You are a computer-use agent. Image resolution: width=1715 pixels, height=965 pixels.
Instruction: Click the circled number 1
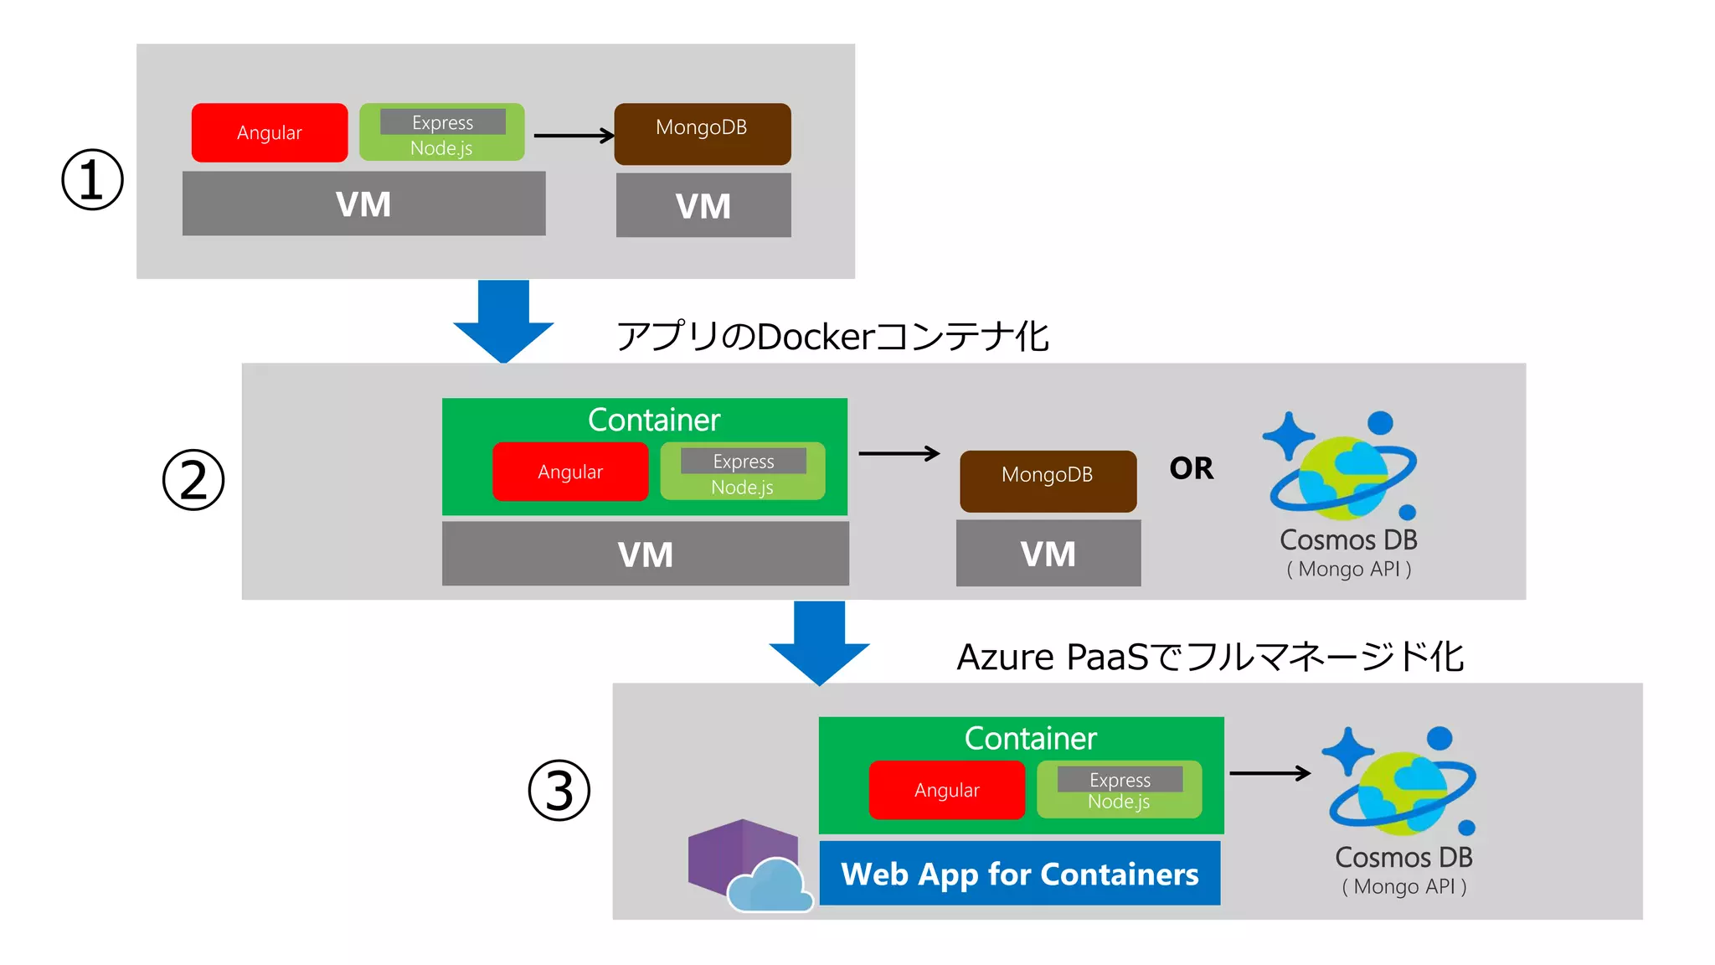pyautogui.click(x=92, y=179)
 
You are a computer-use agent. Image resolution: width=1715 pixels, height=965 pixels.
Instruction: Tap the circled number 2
pyautogui.click(x=193, y=480)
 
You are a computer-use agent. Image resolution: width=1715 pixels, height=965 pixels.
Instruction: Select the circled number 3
pyautogui.click(x=559, y=790)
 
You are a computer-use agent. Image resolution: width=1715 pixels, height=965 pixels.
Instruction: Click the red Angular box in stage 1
pyautogui.click(x=269, y=132)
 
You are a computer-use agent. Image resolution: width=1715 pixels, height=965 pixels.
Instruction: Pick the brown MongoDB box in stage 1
pyautogui.click(x=702, y=133)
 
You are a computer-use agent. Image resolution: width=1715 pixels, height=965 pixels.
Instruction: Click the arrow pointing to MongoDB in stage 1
pyautogui.click(x=574, y=136)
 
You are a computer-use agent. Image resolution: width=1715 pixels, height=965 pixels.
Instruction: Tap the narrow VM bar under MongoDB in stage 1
pyautogui.click(x=703, y=206)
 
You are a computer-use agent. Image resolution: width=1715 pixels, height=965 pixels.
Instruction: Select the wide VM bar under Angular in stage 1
pyautogui.click(x=363, y=204)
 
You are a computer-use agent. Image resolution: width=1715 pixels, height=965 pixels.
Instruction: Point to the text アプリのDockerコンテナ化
pyautogui.click(x=832, y=337)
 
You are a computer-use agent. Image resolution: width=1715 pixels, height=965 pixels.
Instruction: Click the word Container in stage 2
pyautogui.click(x=653, y=420)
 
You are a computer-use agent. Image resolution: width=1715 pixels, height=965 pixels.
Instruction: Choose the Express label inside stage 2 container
pyautogui.click(x=744, y=461)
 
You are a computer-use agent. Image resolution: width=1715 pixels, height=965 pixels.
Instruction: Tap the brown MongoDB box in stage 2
pyautogui.click(x=1048, y=481)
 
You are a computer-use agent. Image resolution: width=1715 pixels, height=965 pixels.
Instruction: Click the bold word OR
pyautogui.click(x=1191, y=468)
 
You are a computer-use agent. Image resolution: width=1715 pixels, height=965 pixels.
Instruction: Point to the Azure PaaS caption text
pyautogui.click(x=1210, y=657)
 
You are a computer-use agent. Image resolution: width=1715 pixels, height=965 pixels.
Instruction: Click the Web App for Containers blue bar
pyautogui.click(x=1019, y=874)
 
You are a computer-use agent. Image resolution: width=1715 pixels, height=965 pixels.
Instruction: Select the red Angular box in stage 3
pyautogui.click(x=946, y=790)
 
